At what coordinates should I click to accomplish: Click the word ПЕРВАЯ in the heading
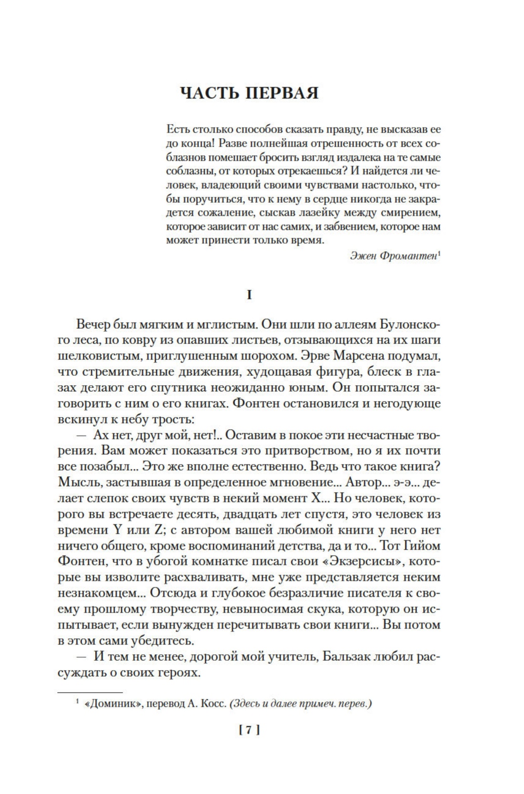point(282,93)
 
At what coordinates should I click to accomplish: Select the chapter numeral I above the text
point(249,295)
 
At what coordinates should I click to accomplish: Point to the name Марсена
point(374,356)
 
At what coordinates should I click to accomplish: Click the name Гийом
point(422,545)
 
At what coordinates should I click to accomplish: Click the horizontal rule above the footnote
point(90,692)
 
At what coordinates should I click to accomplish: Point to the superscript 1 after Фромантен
point(439,253)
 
